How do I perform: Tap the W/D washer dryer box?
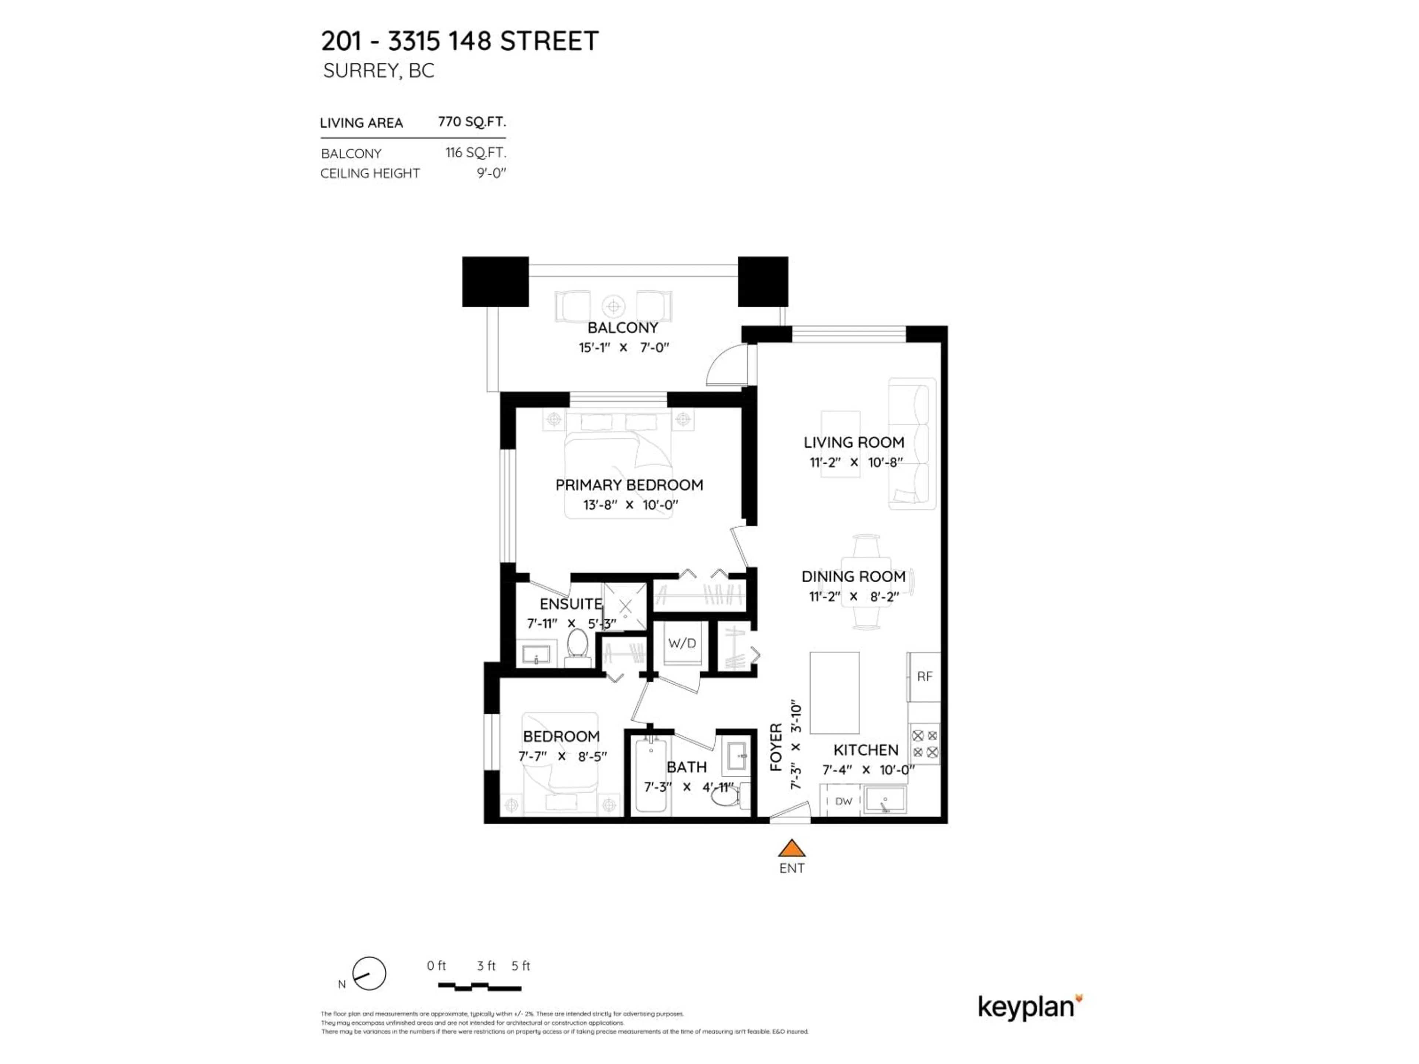[x=681, y=643]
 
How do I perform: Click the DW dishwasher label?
[x=844, y=801]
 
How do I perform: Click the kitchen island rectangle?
[x=834, y=693]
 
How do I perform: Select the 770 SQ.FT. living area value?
[x=472, y=122]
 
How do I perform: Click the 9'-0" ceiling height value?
[x=491, y=173]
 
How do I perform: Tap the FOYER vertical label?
[x=776, y=747]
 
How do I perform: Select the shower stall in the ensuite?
[x=625, y=606]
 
